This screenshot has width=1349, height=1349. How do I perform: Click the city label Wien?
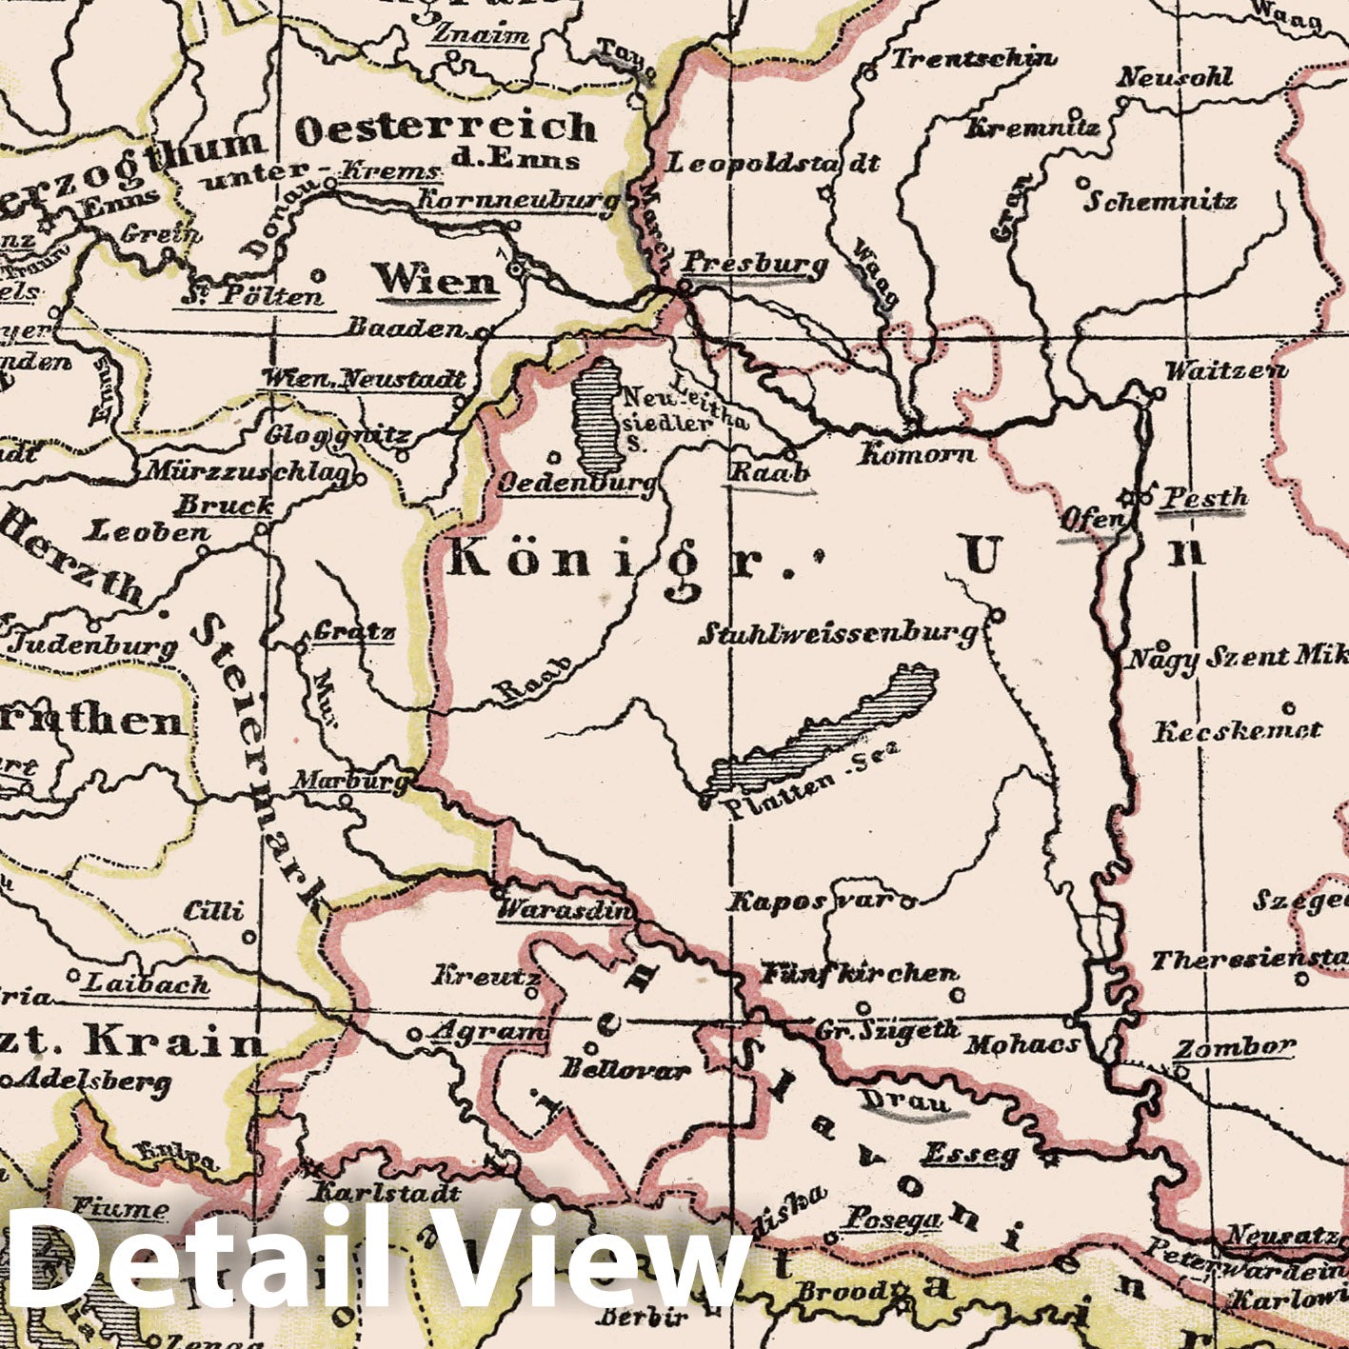(435, 280)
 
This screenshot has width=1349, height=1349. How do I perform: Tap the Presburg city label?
(755, 263)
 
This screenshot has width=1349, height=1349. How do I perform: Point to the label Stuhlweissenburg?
(838, 632)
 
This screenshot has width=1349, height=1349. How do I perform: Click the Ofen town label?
(1092, 520)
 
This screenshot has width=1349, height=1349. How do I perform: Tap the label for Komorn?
(917, 453)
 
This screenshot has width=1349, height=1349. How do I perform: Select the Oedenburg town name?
(578, 483)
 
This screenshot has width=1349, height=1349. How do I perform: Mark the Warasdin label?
(564, 910)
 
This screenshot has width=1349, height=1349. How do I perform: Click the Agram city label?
(491, 1031)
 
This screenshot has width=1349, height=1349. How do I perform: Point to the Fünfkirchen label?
(859, 973)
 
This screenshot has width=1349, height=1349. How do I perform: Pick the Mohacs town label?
(1022, 1044)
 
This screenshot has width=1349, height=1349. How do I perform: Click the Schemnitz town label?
(1161, 201)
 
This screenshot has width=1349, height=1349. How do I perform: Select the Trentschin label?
(973, 59)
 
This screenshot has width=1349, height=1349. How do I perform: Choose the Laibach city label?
(148, 983)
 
